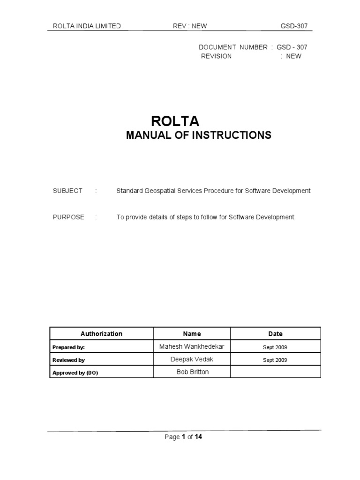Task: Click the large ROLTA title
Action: click(175, 121)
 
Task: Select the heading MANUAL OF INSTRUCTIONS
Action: click(199, 135)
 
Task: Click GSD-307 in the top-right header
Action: click(295, 26)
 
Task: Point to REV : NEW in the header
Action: click(190, 26)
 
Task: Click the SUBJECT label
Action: click(67, 191)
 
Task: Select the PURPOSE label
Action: click(68, 217)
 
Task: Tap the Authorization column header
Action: click(101, 334)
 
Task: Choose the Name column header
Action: click(192, 334)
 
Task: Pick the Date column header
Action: click(275, 334)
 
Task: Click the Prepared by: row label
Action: click(69, 347)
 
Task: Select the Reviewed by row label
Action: click(68, 360)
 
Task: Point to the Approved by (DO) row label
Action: click(75, 373)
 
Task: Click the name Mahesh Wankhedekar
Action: click(192, 347)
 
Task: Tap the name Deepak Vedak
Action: click(192, 360)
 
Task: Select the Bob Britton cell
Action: click(192, 372)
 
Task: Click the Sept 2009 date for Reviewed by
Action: click(275, 360)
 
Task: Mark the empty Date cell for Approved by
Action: click(275, 372)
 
